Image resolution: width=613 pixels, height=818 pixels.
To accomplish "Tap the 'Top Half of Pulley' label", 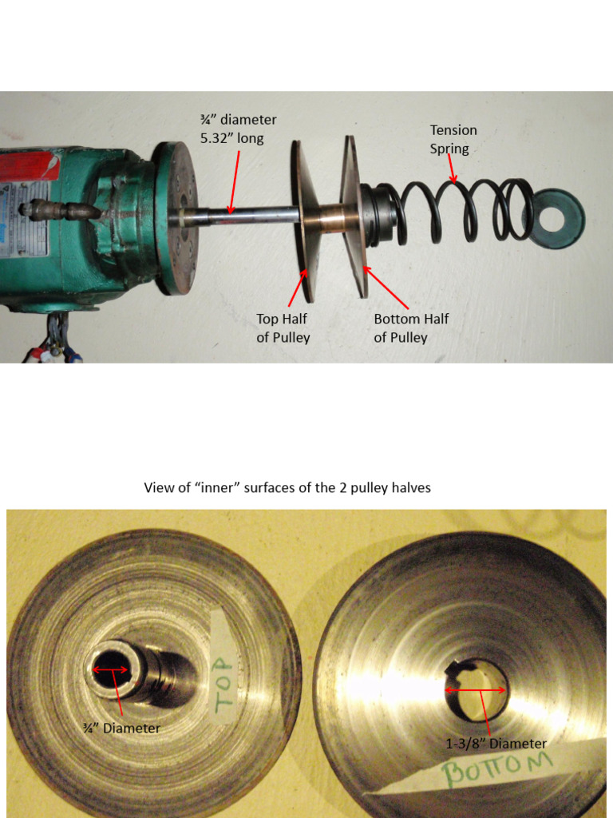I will (x=283, y=328).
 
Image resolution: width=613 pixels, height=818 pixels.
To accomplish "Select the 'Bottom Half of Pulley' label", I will (x=411, y=328).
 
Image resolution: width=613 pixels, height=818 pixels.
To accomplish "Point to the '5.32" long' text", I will (x=231, y=138).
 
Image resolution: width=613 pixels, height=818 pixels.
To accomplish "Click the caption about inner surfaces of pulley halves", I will (x=287, y=487).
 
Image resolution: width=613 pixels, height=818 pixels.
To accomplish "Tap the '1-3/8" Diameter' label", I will (x=496, y=744).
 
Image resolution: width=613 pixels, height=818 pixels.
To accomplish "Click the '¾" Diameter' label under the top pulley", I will (x=121, y=729).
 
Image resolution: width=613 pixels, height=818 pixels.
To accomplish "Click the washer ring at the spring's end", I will (x=559, y=218).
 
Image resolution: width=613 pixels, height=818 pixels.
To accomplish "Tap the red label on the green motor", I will (x=28, y=165).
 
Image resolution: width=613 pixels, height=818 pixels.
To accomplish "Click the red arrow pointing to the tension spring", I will (x=453, y=170).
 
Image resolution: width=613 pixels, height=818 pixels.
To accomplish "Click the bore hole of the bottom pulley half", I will (x=477, y=689).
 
